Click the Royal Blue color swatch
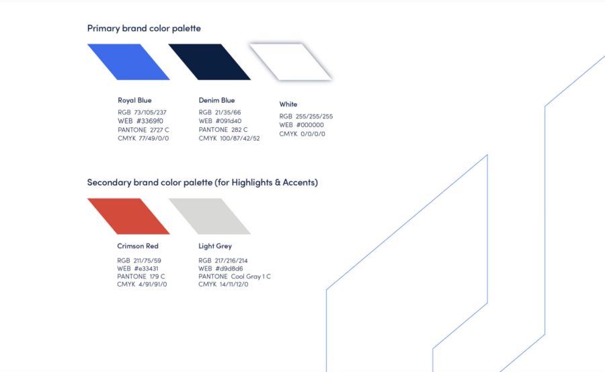click(x=128, y=62)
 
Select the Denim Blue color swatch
click(x=210, y=62)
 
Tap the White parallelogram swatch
click(x=290, y=62)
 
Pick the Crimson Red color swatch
click(x=128, y=217)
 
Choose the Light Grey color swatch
click(x=210, y=217)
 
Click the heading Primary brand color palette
click(x=144, y=28)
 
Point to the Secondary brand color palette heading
click(x=202, y=182)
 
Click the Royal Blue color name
click(x=134, y=100)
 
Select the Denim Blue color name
click(x=217, y=100)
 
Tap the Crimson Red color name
click(x=138, y=246)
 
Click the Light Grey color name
click(x=215, y=246)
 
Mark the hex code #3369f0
click(x=150, y=121)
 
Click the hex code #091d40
click(x=229, y=121)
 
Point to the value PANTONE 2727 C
click(x=144, y=130)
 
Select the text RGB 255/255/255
click(x=306, y=116)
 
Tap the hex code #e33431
click(x=146, y=268)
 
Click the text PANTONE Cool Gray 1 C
click(x=235, y=276)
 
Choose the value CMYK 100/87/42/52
click(x=229, y=139)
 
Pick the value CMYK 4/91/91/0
click(x=142, y=285)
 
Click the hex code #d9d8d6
click(x=229, y=268)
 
